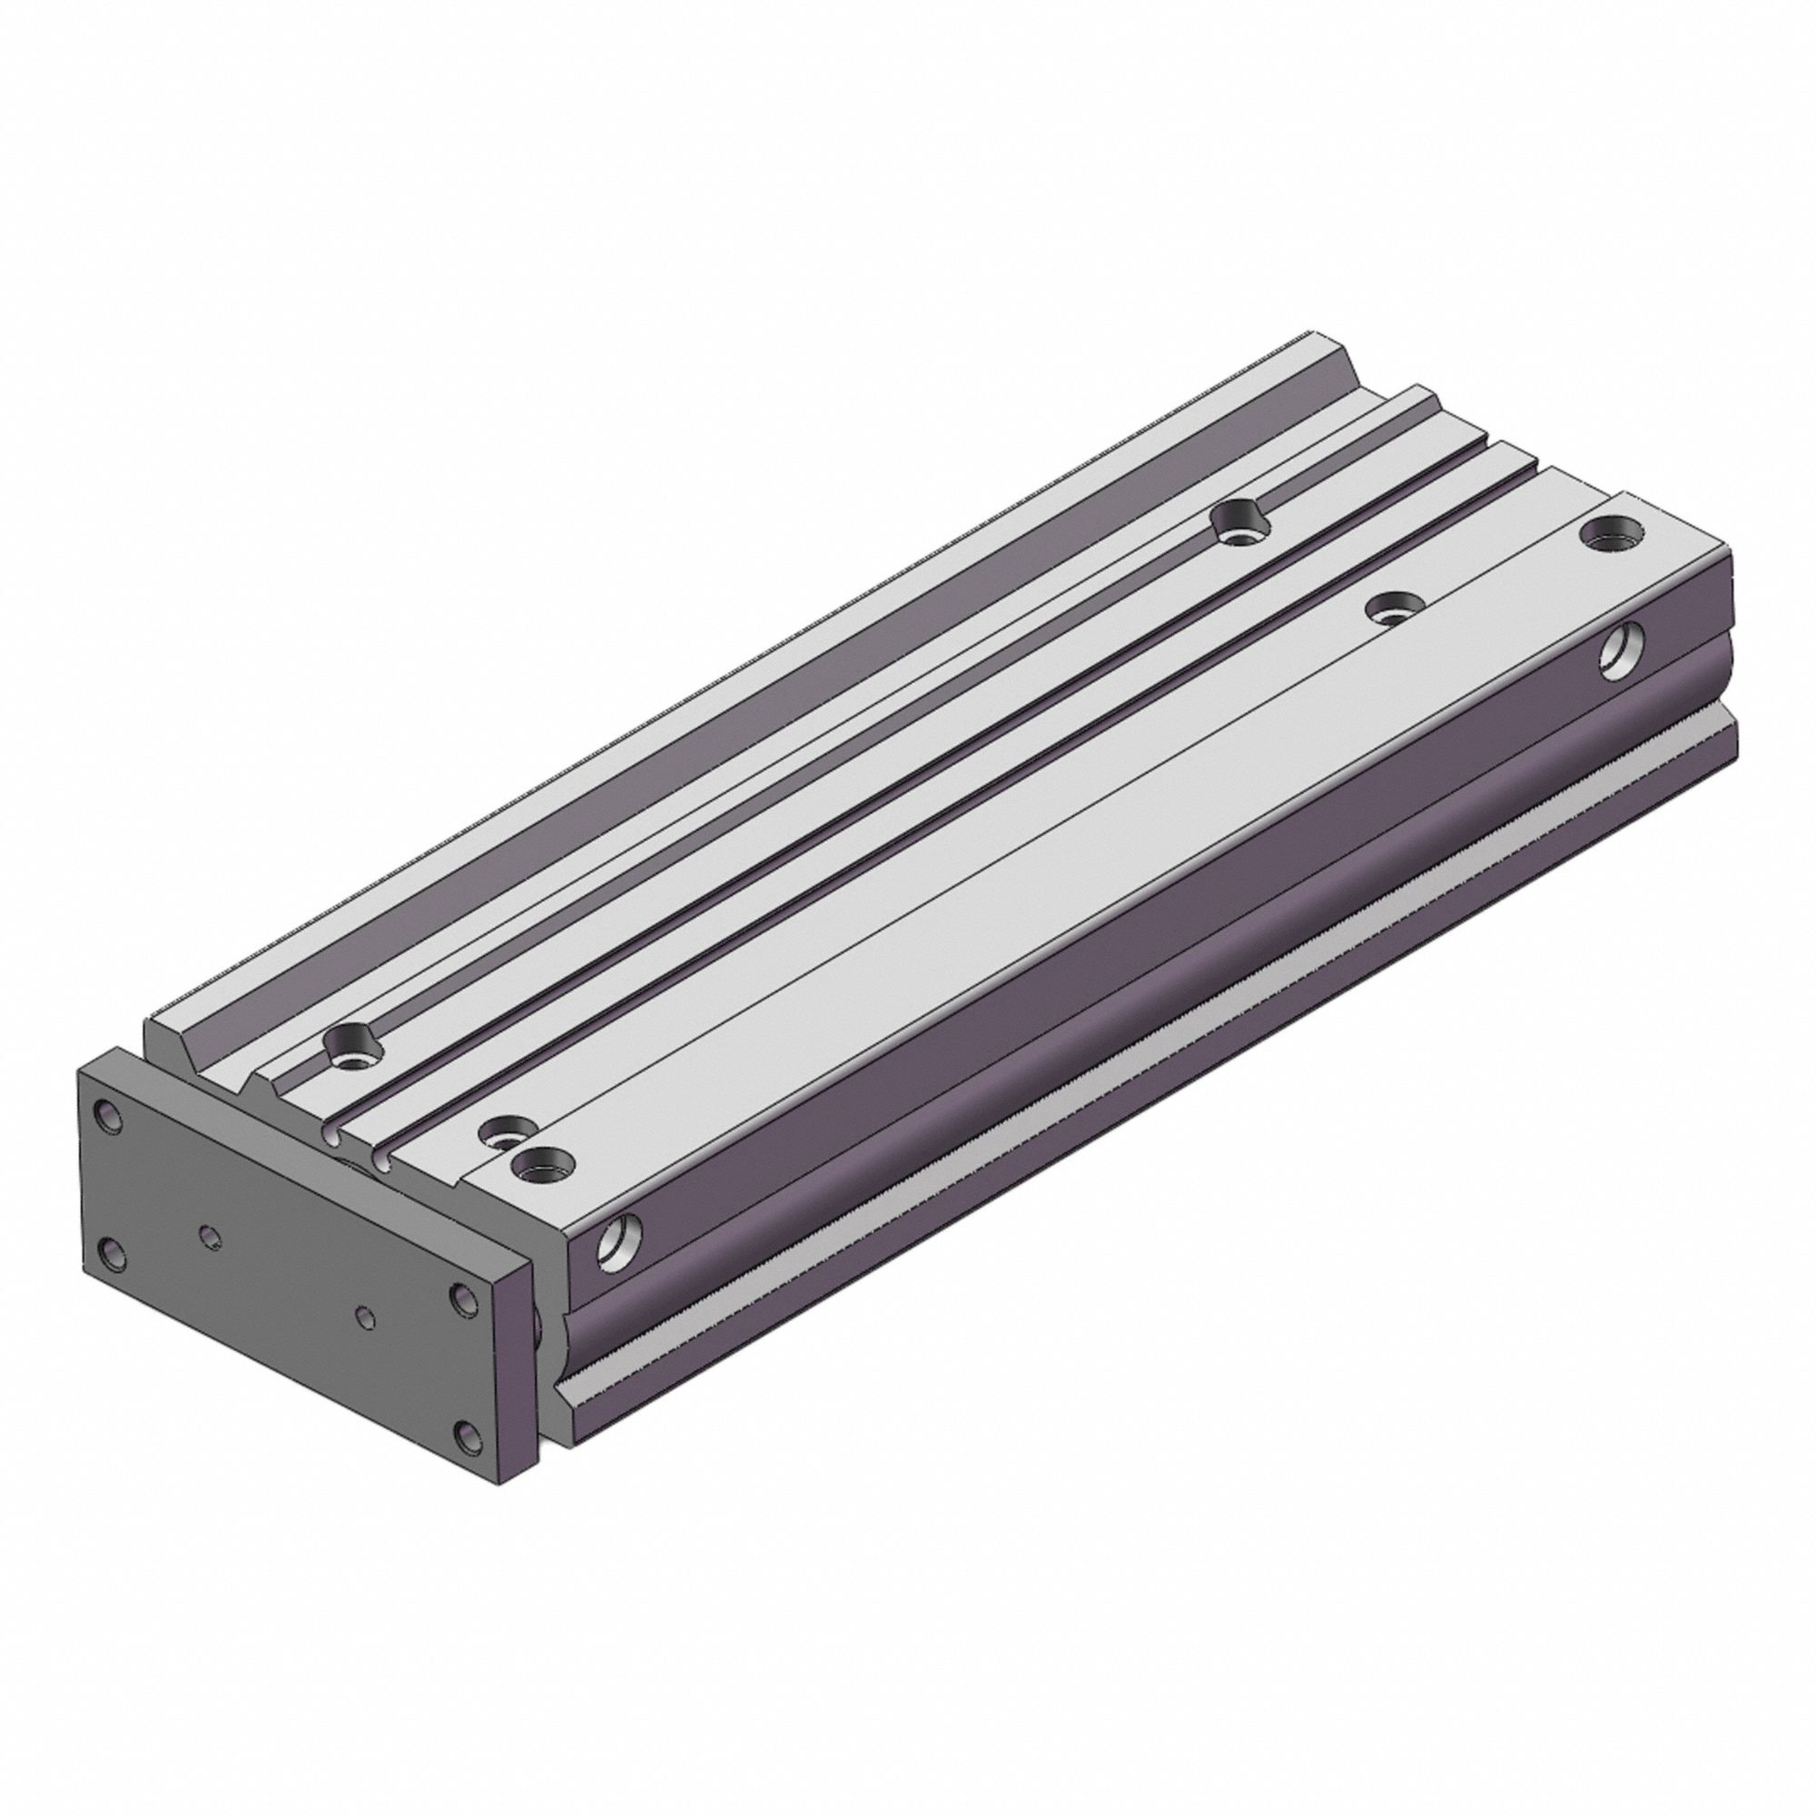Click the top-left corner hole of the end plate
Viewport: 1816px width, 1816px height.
(x=110, y=1117)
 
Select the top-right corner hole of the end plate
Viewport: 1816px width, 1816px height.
(x=462, y=1299)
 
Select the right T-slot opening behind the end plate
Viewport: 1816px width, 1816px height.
(x=381, y=1164)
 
